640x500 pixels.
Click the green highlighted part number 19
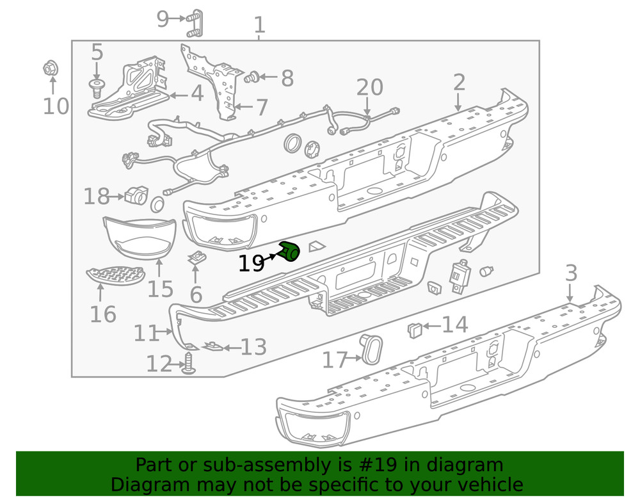(x=289, y=252)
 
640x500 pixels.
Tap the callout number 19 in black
(x=252, y=263)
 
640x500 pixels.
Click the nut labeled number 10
(x=52, y=67)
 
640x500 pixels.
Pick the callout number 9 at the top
(x=163, y=19)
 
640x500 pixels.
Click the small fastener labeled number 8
(x=252, y=78)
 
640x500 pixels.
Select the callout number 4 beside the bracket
(x=196, y=95)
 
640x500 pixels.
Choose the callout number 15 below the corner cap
(x=161, y=288)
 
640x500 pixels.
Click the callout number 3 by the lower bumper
(x=571, y=273)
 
